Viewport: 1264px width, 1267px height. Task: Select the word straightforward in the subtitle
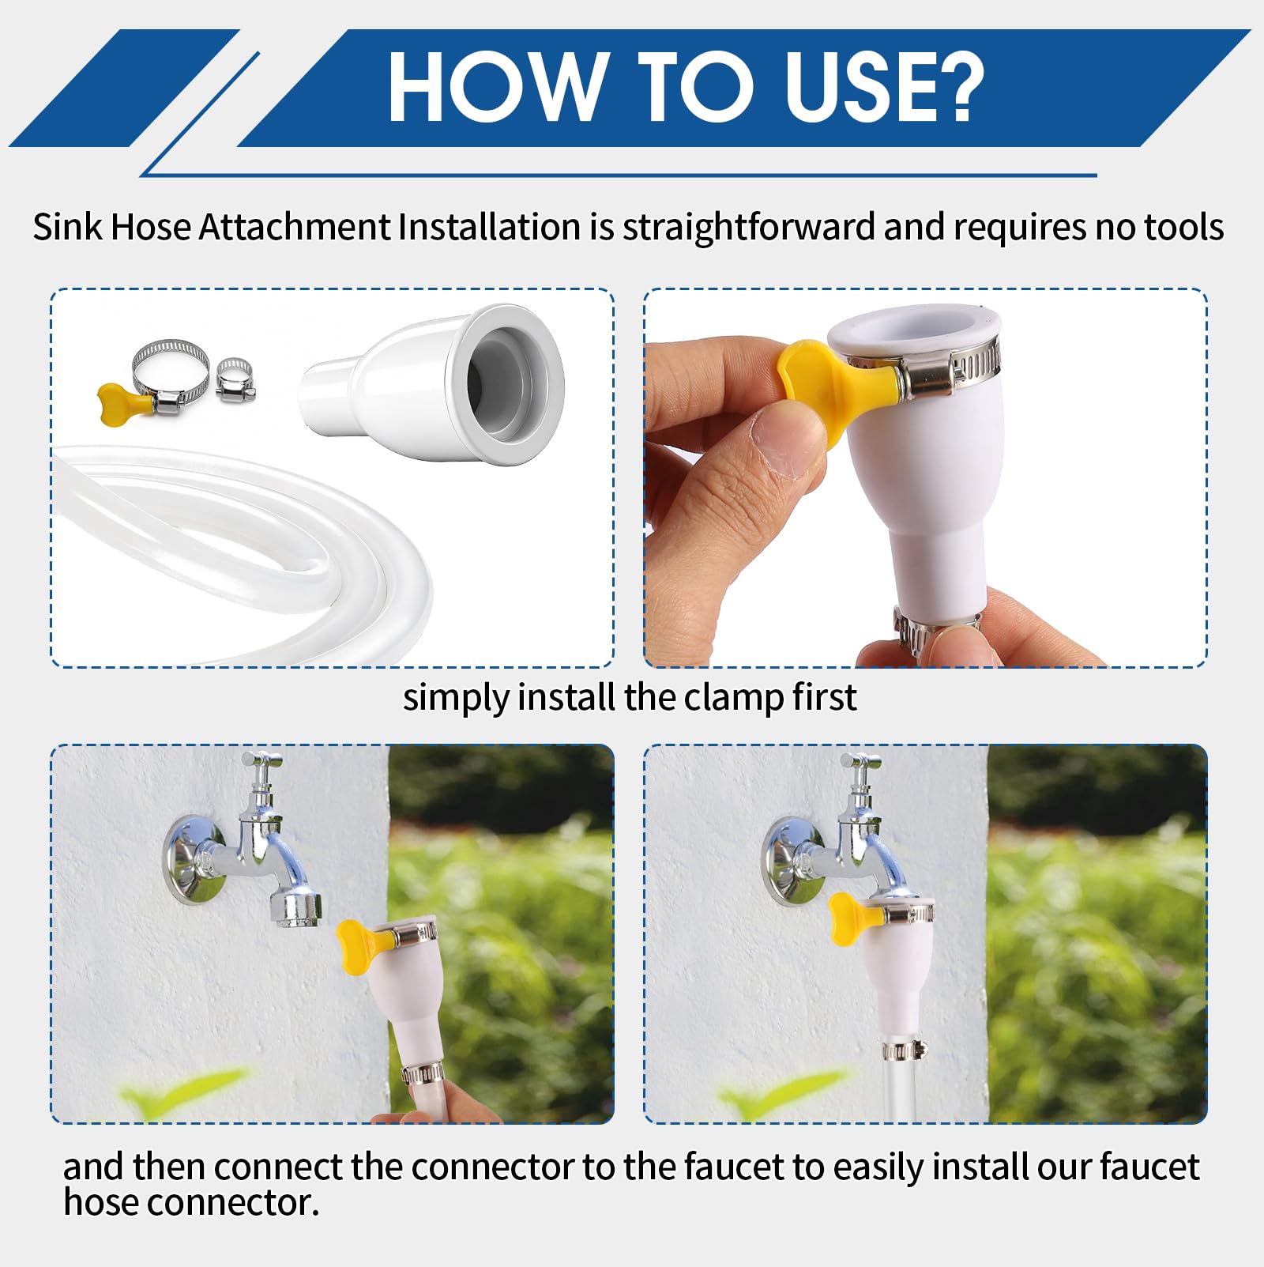pyautogui.click(x=749, y=228)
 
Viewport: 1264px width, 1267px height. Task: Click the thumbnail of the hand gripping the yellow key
pyautogui.click(x=925, y=478)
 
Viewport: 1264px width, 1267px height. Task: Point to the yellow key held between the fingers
pyautogui.click(x=834, y=387)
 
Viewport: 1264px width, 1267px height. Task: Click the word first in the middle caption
pyautogui.click(x=825, y=697)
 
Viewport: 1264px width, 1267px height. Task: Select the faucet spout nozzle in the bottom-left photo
pyautogui.click(x=296, y=907)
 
